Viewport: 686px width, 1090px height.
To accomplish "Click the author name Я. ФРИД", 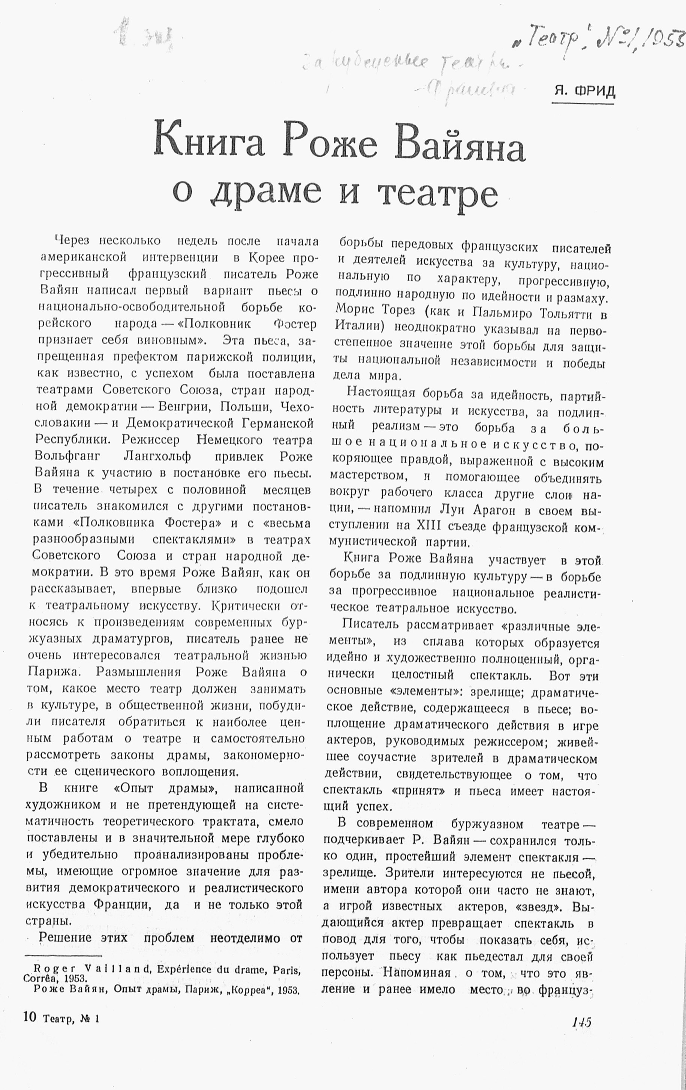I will coord(583,92).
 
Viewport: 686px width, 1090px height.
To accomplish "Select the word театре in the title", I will coord(437,194).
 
